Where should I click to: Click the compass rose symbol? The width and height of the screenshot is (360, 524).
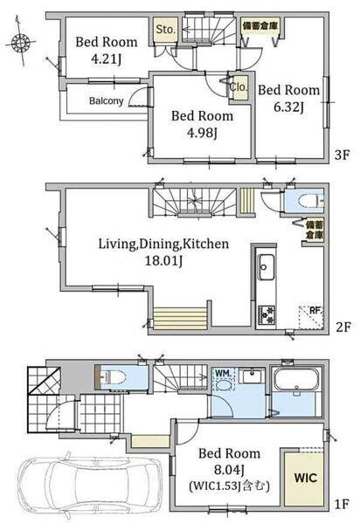[21, 42]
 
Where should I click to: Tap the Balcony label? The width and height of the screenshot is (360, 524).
[106, 100]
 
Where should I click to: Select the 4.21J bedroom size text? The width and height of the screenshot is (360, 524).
[107, 59]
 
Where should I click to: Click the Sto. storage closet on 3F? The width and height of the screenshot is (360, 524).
[165, 30]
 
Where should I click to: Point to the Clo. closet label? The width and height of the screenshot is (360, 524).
[239, 87]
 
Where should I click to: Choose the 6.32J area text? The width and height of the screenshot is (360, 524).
[289, 107]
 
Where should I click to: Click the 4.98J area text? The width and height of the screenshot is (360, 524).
[202, 133]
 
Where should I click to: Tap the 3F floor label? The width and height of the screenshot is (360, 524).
[343, 155]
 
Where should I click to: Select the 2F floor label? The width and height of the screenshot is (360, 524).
[343, 327]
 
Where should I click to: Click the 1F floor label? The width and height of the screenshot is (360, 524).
[342, 504]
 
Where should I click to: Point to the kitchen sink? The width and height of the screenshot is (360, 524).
[267, 267]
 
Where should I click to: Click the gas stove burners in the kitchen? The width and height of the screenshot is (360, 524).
[267, 315]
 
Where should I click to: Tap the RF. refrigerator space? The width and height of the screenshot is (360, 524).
[311, 318]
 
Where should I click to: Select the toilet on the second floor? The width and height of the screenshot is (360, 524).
[310, 202]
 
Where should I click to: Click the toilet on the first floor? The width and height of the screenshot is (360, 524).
[112, 377]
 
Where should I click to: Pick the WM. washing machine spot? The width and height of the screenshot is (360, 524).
[223, 379]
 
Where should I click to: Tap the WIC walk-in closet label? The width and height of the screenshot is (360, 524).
[306, 477]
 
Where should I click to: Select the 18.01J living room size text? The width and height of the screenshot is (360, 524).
[163, 260]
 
